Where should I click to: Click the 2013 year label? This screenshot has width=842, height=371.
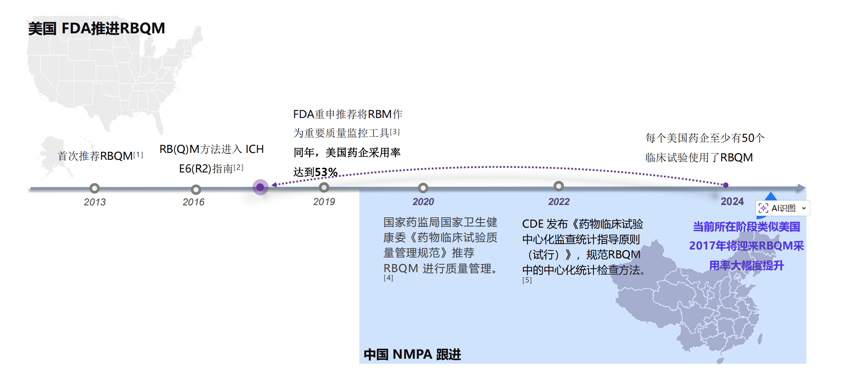click(x=95, y=202)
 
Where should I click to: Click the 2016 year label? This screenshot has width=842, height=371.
click(x=193, y=202)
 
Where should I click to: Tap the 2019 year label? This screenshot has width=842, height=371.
click(x=324, y=202)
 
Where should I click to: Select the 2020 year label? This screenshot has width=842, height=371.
click(x=423, y=202)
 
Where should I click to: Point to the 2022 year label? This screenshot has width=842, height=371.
click(x=559, y=202)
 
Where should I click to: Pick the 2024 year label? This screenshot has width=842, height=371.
click(x=732, y=202)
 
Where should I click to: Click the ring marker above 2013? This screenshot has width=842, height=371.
click(x=95, y=188)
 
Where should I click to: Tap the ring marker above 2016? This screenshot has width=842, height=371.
click(x=196, y=189)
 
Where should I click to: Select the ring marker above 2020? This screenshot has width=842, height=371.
click(x=423, y=188)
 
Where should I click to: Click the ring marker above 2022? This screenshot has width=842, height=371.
click(x=559, y=186)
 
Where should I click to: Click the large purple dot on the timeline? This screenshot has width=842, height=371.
click(x=260, y=187)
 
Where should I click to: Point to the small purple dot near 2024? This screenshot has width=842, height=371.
click(x=726, y=185)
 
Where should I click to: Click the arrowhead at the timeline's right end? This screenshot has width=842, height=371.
click(x=801, y=188)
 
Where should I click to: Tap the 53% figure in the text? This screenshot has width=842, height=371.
click(x=326, y=172)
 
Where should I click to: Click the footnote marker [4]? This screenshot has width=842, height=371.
click(x=388, y=278)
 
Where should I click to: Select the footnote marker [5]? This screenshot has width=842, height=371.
click(x=527, y=280)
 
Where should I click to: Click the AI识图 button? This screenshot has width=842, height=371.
click(x=783, y=208)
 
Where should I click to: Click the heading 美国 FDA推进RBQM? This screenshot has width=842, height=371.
click(x=97, y=28)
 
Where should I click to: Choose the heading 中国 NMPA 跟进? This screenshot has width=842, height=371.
click(x=412, y=354)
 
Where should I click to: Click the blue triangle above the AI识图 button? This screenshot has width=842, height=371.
click(x=770, y=196)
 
